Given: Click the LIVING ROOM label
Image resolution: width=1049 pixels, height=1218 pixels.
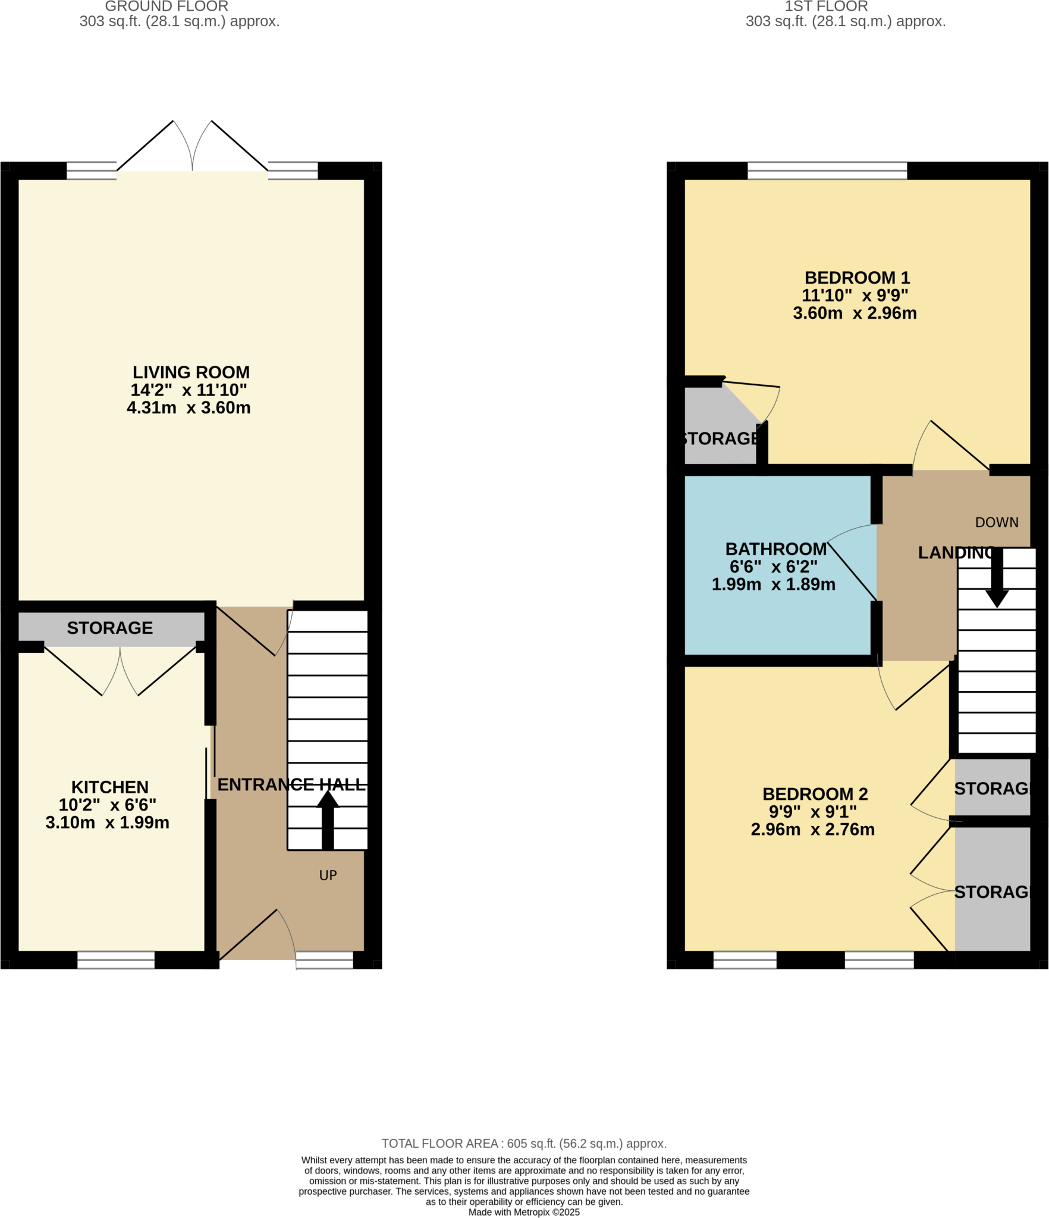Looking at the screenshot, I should (x=191, y=372).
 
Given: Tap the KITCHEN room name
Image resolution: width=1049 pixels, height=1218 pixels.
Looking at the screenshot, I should (x=110, y=787).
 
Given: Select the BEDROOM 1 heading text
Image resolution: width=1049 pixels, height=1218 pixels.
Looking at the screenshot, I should (x=857, y=278).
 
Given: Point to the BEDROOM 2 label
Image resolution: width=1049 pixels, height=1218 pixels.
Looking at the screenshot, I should (x=815, y=794).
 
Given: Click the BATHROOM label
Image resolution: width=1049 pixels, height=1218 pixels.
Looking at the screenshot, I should (x=775, y=549).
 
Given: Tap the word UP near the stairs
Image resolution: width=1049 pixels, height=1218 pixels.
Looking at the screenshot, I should (x=328, y=875).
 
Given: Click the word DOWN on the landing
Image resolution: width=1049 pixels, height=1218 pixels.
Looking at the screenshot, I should (x=997, y=522).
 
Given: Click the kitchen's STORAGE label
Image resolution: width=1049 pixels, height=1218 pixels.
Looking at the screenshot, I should (x=110, y=628).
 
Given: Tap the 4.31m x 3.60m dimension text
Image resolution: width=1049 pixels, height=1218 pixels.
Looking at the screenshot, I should (x=189, y=408).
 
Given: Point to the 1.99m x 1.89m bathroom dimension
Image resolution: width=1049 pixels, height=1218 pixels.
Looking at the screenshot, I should (x=773, y=585).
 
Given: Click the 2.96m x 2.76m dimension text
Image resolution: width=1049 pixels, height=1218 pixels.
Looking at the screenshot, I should (x=812, y=830).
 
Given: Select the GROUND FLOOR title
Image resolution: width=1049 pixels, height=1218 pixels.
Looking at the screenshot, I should (x=167, y=7).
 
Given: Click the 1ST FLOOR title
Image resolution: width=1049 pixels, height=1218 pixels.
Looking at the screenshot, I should (x=826, y=7).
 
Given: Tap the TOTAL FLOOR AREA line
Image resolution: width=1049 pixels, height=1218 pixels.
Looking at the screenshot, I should (x=524, y=1144).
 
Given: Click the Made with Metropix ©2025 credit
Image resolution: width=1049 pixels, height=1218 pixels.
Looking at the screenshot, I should (x=524, y=1212).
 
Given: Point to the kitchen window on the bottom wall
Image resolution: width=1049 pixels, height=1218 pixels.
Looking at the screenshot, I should (x=116, y=960).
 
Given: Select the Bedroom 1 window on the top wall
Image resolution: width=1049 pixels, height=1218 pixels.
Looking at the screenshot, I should (x=827, y=171).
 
